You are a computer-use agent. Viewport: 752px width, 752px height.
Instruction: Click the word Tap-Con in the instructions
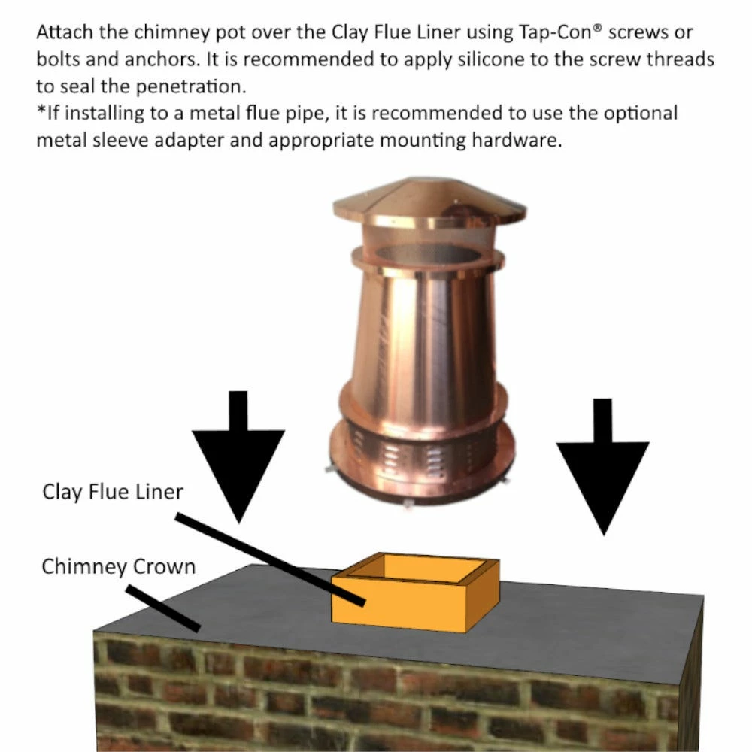coord(556,32)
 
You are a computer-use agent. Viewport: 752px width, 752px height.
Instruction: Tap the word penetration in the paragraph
coord(191,86)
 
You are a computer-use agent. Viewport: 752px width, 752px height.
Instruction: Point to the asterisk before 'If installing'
coord(41,109)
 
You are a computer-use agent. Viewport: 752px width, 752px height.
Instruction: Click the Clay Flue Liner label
coord(113,493)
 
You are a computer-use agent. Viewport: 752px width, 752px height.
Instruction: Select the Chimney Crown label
coord(119,566)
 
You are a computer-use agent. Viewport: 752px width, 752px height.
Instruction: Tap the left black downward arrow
coord(238,456)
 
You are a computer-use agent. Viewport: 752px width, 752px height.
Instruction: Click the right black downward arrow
coord(603,466)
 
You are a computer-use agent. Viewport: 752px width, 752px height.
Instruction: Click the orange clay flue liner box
coord(415,593)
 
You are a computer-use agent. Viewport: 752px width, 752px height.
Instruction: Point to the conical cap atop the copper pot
coord(429,201)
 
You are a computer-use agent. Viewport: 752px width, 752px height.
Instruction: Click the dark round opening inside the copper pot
coord(430,253)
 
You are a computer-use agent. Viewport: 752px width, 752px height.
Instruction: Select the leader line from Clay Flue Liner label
coord(270,559)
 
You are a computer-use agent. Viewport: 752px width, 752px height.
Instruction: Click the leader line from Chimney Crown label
coord(163,608)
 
